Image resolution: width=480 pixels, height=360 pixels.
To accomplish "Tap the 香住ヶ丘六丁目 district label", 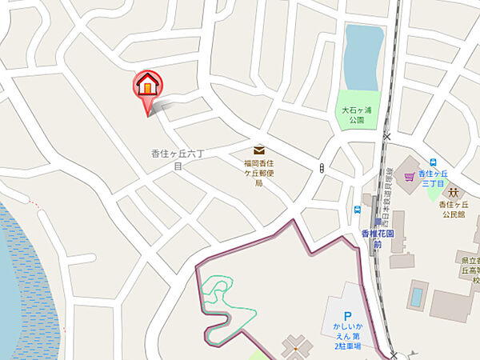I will pos(178,158).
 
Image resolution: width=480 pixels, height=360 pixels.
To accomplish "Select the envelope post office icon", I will pos(259,150).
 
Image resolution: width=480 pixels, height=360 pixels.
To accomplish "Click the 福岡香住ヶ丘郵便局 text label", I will pos(259,172).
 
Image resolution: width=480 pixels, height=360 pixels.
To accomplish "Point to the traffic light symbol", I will pos(322,168).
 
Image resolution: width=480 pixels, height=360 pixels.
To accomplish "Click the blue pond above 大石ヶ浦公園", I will pos(361,57).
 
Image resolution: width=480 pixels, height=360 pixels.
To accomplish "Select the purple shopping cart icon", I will pos(411,176).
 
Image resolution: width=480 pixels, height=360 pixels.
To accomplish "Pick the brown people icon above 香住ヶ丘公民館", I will pos(454,192).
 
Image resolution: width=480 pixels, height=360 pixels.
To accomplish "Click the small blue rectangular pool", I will pos(415,297).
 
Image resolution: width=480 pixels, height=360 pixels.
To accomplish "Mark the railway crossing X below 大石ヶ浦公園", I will pos(387,137).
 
